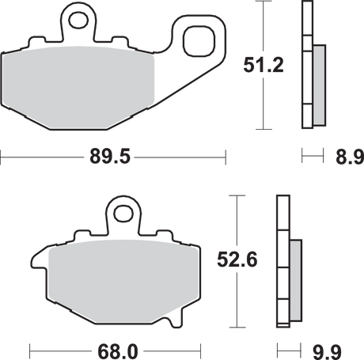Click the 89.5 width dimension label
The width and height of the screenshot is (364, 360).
point(110,157)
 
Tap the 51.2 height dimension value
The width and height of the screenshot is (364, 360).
point(264,65)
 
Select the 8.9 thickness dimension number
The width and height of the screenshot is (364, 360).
point(350,157)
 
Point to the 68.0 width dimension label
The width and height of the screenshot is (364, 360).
point(118,351)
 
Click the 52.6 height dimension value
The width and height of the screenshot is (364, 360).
point(237,260)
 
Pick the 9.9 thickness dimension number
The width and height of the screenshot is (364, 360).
point(328,352)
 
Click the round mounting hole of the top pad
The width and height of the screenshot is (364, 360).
point(78,20)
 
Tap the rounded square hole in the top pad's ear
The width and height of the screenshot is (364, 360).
point(199,41)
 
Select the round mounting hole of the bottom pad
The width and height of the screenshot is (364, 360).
point(123,213)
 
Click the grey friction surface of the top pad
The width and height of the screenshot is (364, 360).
point(78,87)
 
